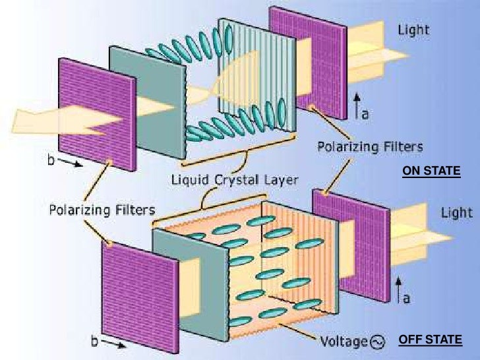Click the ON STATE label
(431, 172)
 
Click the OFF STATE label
(430, 340)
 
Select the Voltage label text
(343, 342)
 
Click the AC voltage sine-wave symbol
(378, 342)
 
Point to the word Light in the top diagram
(413, 30)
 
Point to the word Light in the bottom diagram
(457, 212)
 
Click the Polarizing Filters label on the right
(370, 146)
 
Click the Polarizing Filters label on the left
(102, 210)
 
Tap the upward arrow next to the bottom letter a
(399, 289)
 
